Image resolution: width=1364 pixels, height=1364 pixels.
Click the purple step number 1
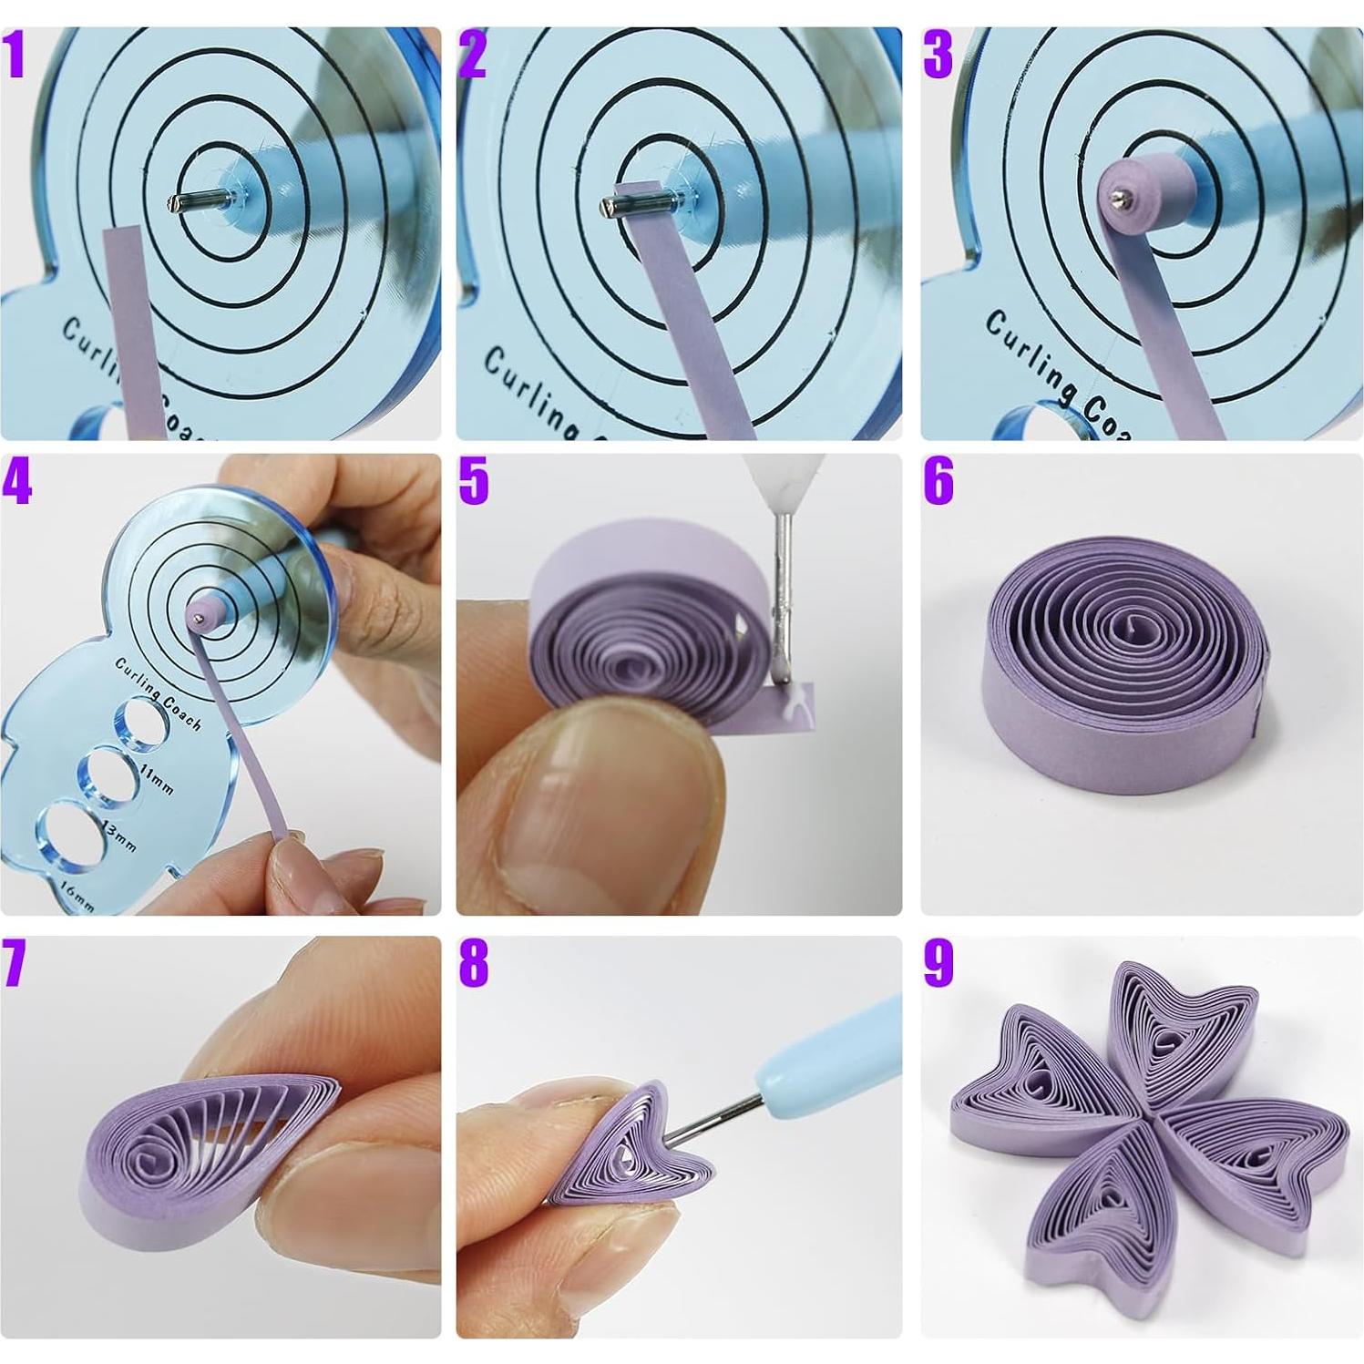point(15,56)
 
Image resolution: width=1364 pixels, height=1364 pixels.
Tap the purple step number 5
point(474,480)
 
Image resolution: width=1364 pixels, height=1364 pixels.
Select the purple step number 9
point(938,962)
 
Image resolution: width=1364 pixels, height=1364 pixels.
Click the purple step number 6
point(938,480)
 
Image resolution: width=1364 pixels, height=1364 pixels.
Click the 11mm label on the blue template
point(158,779)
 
